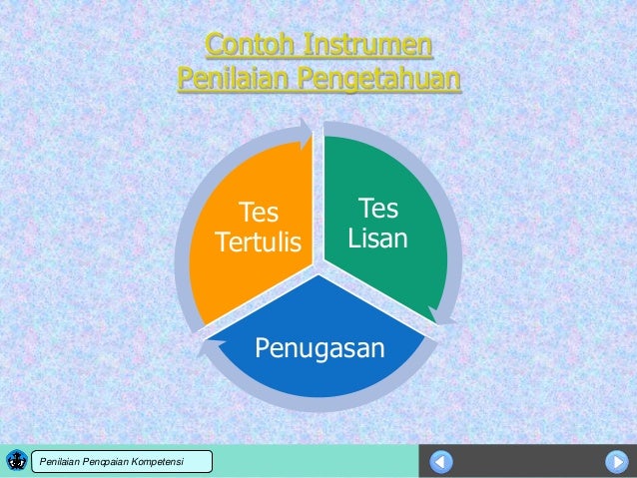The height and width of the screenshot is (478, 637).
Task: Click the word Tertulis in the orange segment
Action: (x=258, y=243)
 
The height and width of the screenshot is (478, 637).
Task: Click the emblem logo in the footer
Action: (x=17, y=460)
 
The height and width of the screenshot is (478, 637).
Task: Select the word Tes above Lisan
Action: (x=377, y=209)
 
